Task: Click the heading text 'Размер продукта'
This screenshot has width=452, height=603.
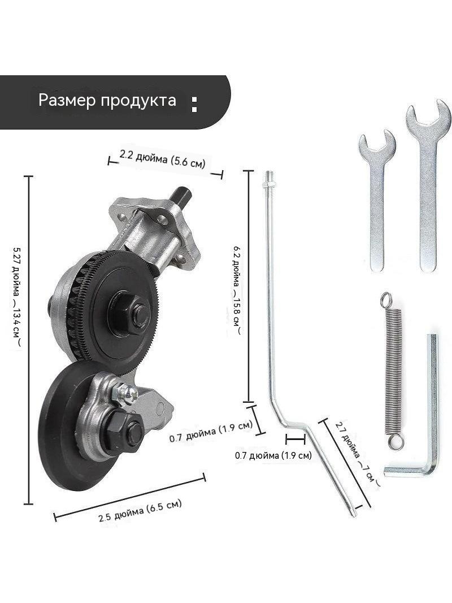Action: (107, 100)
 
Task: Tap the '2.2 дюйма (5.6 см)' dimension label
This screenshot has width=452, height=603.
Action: (163, 158)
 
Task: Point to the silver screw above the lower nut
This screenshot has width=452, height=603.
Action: (124, 393)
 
